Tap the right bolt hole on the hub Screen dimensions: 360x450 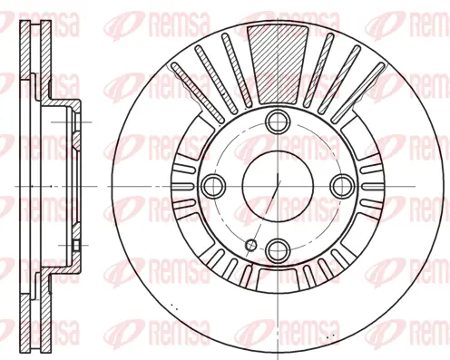point(341,185)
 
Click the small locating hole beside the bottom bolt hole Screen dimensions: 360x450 point(252,243)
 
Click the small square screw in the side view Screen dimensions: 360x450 point(76,246)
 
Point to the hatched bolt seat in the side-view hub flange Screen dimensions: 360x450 point(76,120)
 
